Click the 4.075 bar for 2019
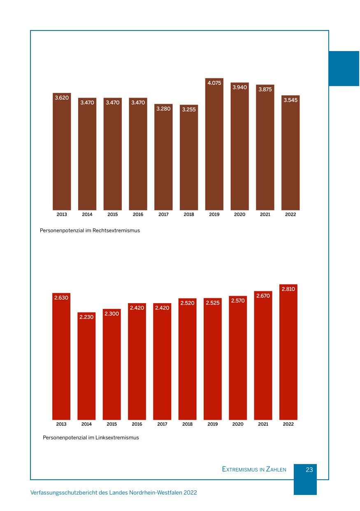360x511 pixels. [x=214, y=144]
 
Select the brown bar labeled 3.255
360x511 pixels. [x=189, y=157]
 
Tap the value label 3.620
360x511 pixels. [x=62, y=98]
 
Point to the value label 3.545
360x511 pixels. [x=290, y=100]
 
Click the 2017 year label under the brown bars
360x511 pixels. [x=163, y=215]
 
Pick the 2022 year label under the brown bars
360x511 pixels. [x=290, y=215]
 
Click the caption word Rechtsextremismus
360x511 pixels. [x=116, y=231]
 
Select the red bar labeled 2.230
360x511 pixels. [x=86, y=366]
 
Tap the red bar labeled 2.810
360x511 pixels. [x=288, y=352]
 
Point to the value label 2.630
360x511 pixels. [x=61, y=298]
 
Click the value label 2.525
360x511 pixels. [x=212, y=303]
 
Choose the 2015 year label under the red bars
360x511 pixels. [x=112, y=424]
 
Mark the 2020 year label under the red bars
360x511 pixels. [x=238, y=424]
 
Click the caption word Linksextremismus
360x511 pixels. [x=117, y=438]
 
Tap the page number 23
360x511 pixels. [x=309, y=470]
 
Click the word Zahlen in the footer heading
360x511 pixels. [x=276, y=469]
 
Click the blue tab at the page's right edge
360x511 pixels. [x=344, y=68]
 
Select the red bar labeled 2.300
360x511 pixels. [x=112, y=364]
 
